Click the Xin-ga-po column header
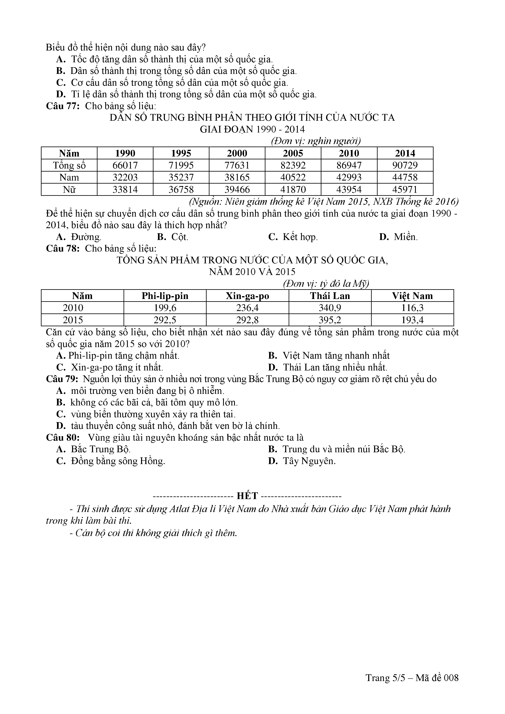click(x=247, y=296)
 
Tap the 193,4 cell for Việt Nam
click(x=412, y=320)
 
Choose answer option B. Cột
click(x=173, y=237)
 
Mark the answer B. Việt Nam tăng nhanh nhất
click(x=329, y=355)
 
